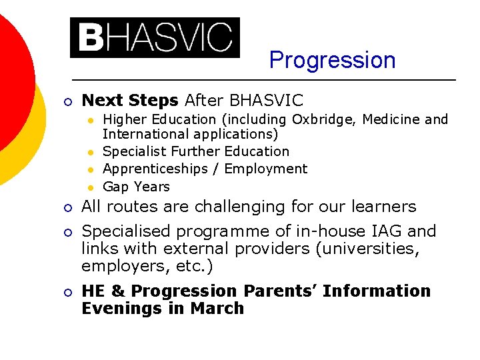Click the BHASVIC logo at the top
pyautogui.click(x=155, y=37)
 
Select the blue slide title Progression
pyautogui.click(x=332, y=60)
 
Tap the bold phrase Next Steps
pyautogui.click(x=129, y=101)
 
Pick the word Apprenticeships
pyautogui.click(x=155, y=169)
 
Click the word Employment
pyautogui.click(x=266, y=169)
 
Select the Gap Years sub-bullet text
pyautogui.click(x=137, y=187)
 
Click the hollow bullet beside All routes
pyautogui.click(x=68, y=208)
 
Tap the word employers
pyautogui.click(x=119, y=267)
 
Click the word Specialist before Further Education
pyautogui.click(x=135, y=151)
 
